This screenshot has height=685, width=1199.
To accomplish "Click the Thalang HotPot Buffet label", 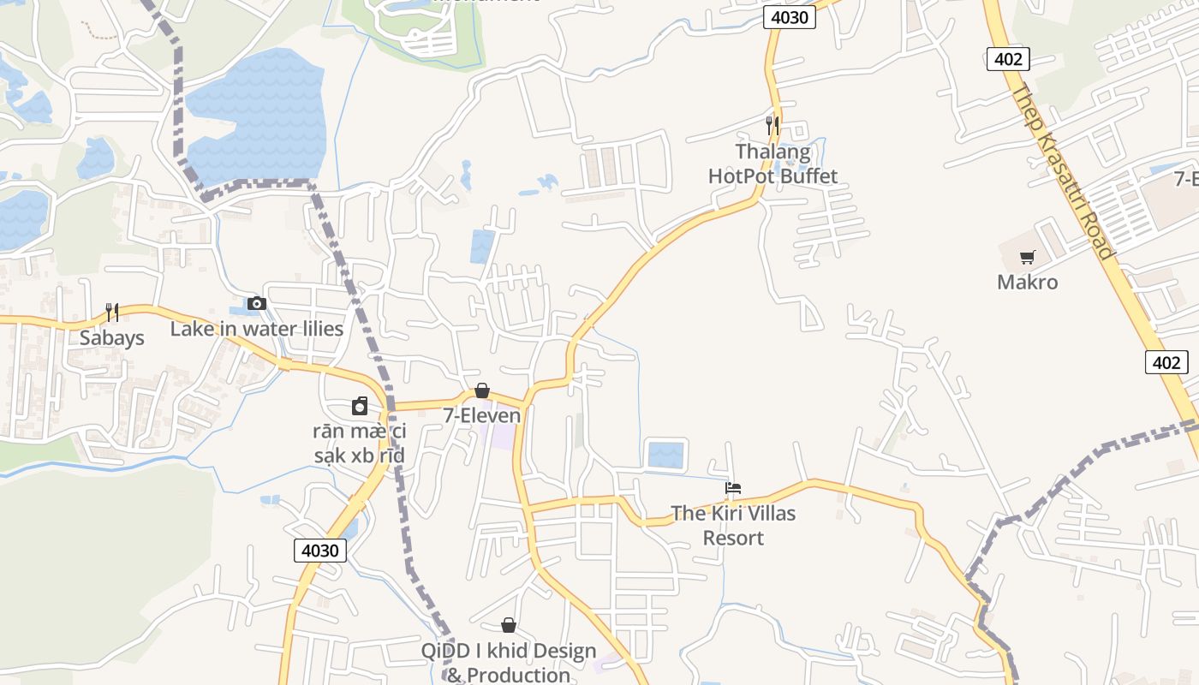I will [x=772, y=164].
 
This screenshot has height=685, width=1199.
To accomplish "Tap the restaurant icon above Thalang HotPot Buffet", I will [x=772, y=125].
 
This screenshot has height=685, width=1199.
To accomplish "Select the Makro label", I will [x=1027, y=282].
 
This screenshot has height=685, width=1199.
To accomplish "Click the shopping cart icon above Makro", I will [x=1028, y=257].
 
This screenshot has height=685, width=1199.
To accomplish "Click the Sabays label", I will [x=112, y=337].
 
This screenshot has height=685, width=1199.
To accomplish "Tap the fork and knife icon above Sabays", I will [x=112, y=312].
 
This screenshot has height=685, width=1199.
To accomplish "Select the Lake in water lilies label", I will [x=257, y=329].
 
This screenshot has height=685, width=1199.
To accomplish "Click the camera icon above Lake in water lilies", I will [x=256, y=303].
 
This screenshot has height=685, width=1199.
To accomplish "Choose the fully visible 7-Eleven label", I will [x=481, y=415].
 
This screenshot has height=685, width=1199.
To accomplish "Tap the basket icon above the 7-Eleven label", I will [x=482, y=390].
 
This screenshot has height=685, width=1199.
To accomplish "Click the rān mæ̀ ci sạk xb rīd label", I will [x=359, y=443].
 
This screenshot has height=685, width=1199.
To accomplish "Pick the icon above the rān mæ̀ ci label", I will [x=360, y=406].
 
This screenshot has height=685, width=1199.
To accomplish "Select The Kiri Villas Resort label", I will [x=732, y=526].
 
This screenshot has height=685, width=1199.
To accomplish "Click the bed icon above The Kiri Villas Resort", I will [x=732, y=489].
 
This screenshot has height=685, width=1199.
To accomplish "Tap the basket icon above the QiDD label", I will [x=509, y=625].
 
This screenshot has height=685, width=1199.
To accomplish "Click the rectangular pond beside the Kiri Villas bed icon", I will [x=666, y=455].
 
